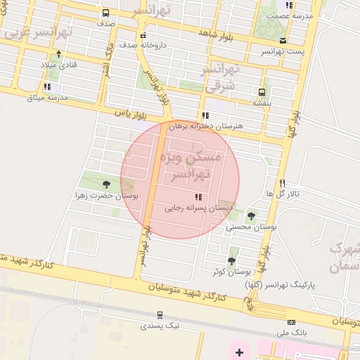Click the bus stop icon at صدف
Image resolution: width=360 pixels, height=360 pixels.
(105, 13)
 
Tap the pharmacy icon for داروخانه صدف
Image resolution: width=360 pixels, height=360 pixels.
(143, 34)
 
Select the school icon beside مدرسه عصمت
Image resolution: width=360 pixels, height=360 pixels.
(289, 5)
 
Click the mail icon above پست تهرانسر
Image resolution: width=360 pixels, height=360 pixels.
(283, 41)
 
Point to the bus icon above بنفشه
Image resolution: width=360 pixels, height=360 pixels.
(262, 92)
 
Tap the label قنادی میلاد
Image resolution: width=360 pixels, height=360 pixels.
(58, 65)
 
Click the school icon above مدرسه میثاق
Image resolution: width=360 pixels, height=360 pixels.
(47, 86)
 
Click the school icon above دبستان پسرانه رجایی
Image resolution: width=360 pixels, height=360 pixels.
(199, 198)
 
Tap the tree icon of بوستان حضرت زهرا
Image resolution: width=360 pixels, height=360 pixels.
(106, 184)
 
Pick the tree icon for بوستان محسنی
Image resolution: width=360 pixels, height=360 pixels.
(251, 215)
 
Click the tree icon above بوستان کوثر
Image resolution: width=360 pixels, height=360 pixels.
(231, 260)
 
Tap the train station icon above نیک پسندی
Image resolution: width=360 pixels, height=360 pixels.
(160, 315)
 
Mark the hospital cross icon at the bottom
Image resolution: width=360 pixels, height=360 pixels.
(239, 351)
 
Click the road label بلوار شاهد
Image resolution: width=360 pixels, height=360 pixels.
(214, 33)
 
